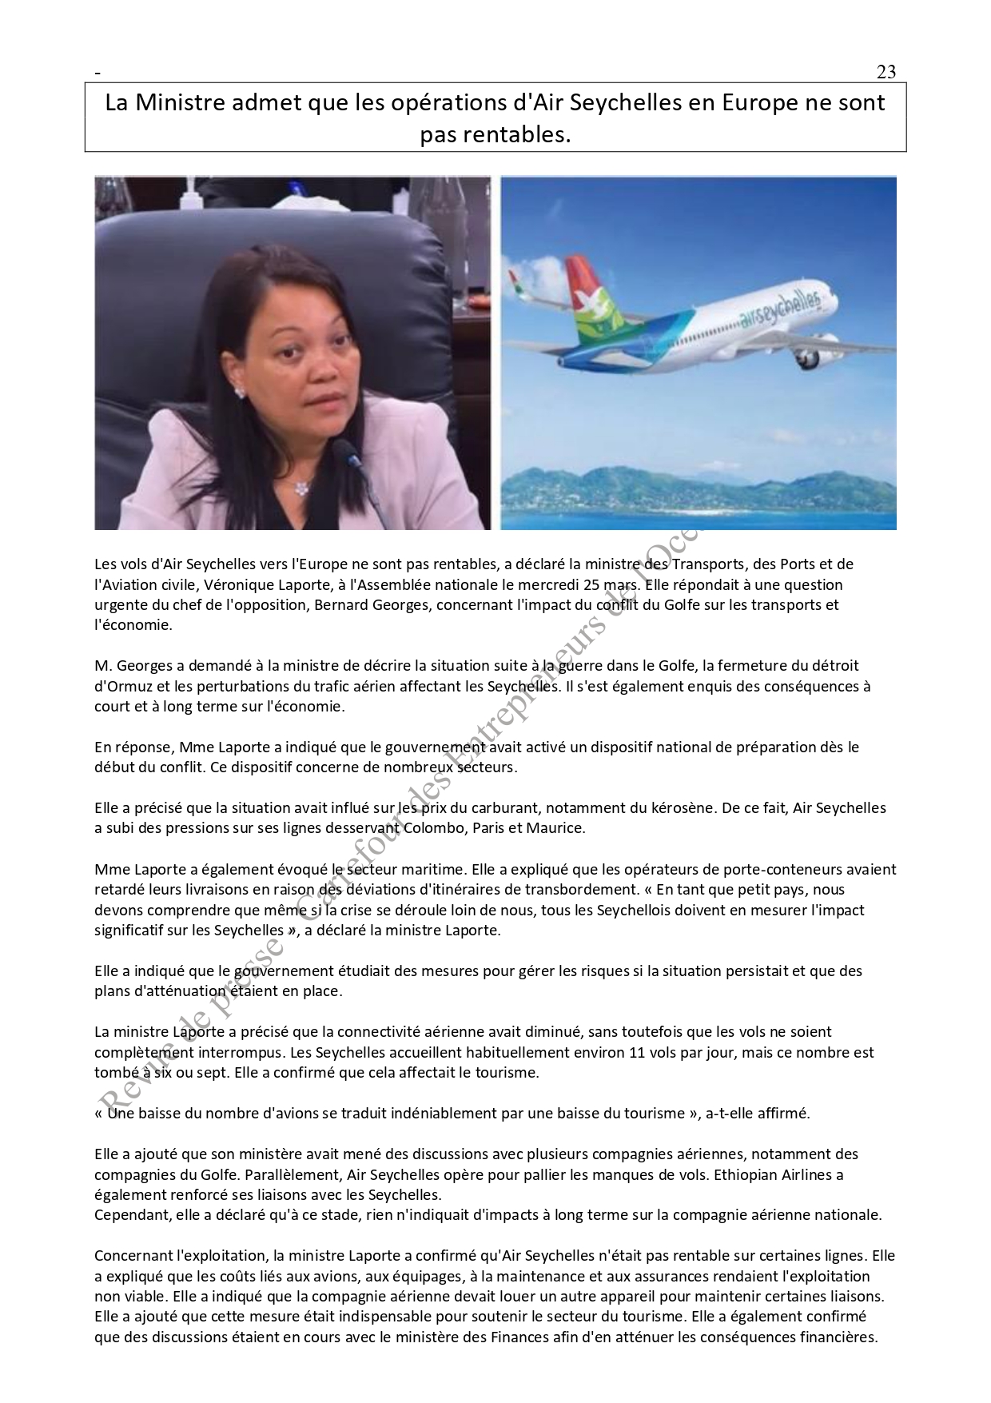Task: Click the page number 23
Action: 886,72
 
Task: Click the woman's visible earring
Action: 239,391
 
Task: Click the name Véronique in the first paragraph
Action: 239,584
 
